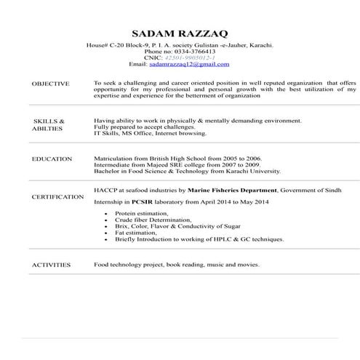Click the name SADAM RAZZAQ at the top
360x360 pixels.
pyautogui.click(x=179, y=33)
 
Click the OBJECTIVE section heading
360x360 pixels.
pyautogui.click(x=51, y=84)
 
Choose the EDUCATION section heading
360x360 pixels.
pyautogui.click(x=52, y=159)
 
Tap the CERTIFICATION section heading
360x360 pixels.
pyautogui.click(x=57, y=196)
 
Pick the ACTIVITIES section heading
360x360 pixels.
pyautogui.click(x=51, y=265)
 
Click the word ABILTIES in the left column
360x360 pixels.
pyautogui.click(x=47, y=128)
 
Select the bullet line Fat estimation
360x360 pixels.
pyautogui.click(x=136, y=233)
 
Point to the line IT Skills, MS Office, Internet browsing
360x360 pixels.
pyautogui.click(x=150, y=134)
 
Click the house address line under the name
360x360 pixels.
pyautogui.click(x=180, y=45)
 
